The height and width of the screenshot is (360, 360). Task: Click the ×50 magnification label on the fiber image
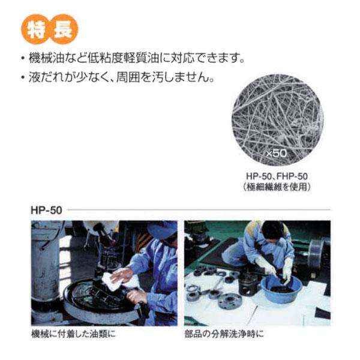[276, 153]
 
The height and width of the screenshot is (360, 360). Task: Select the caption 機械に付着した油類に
[73, 334]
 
